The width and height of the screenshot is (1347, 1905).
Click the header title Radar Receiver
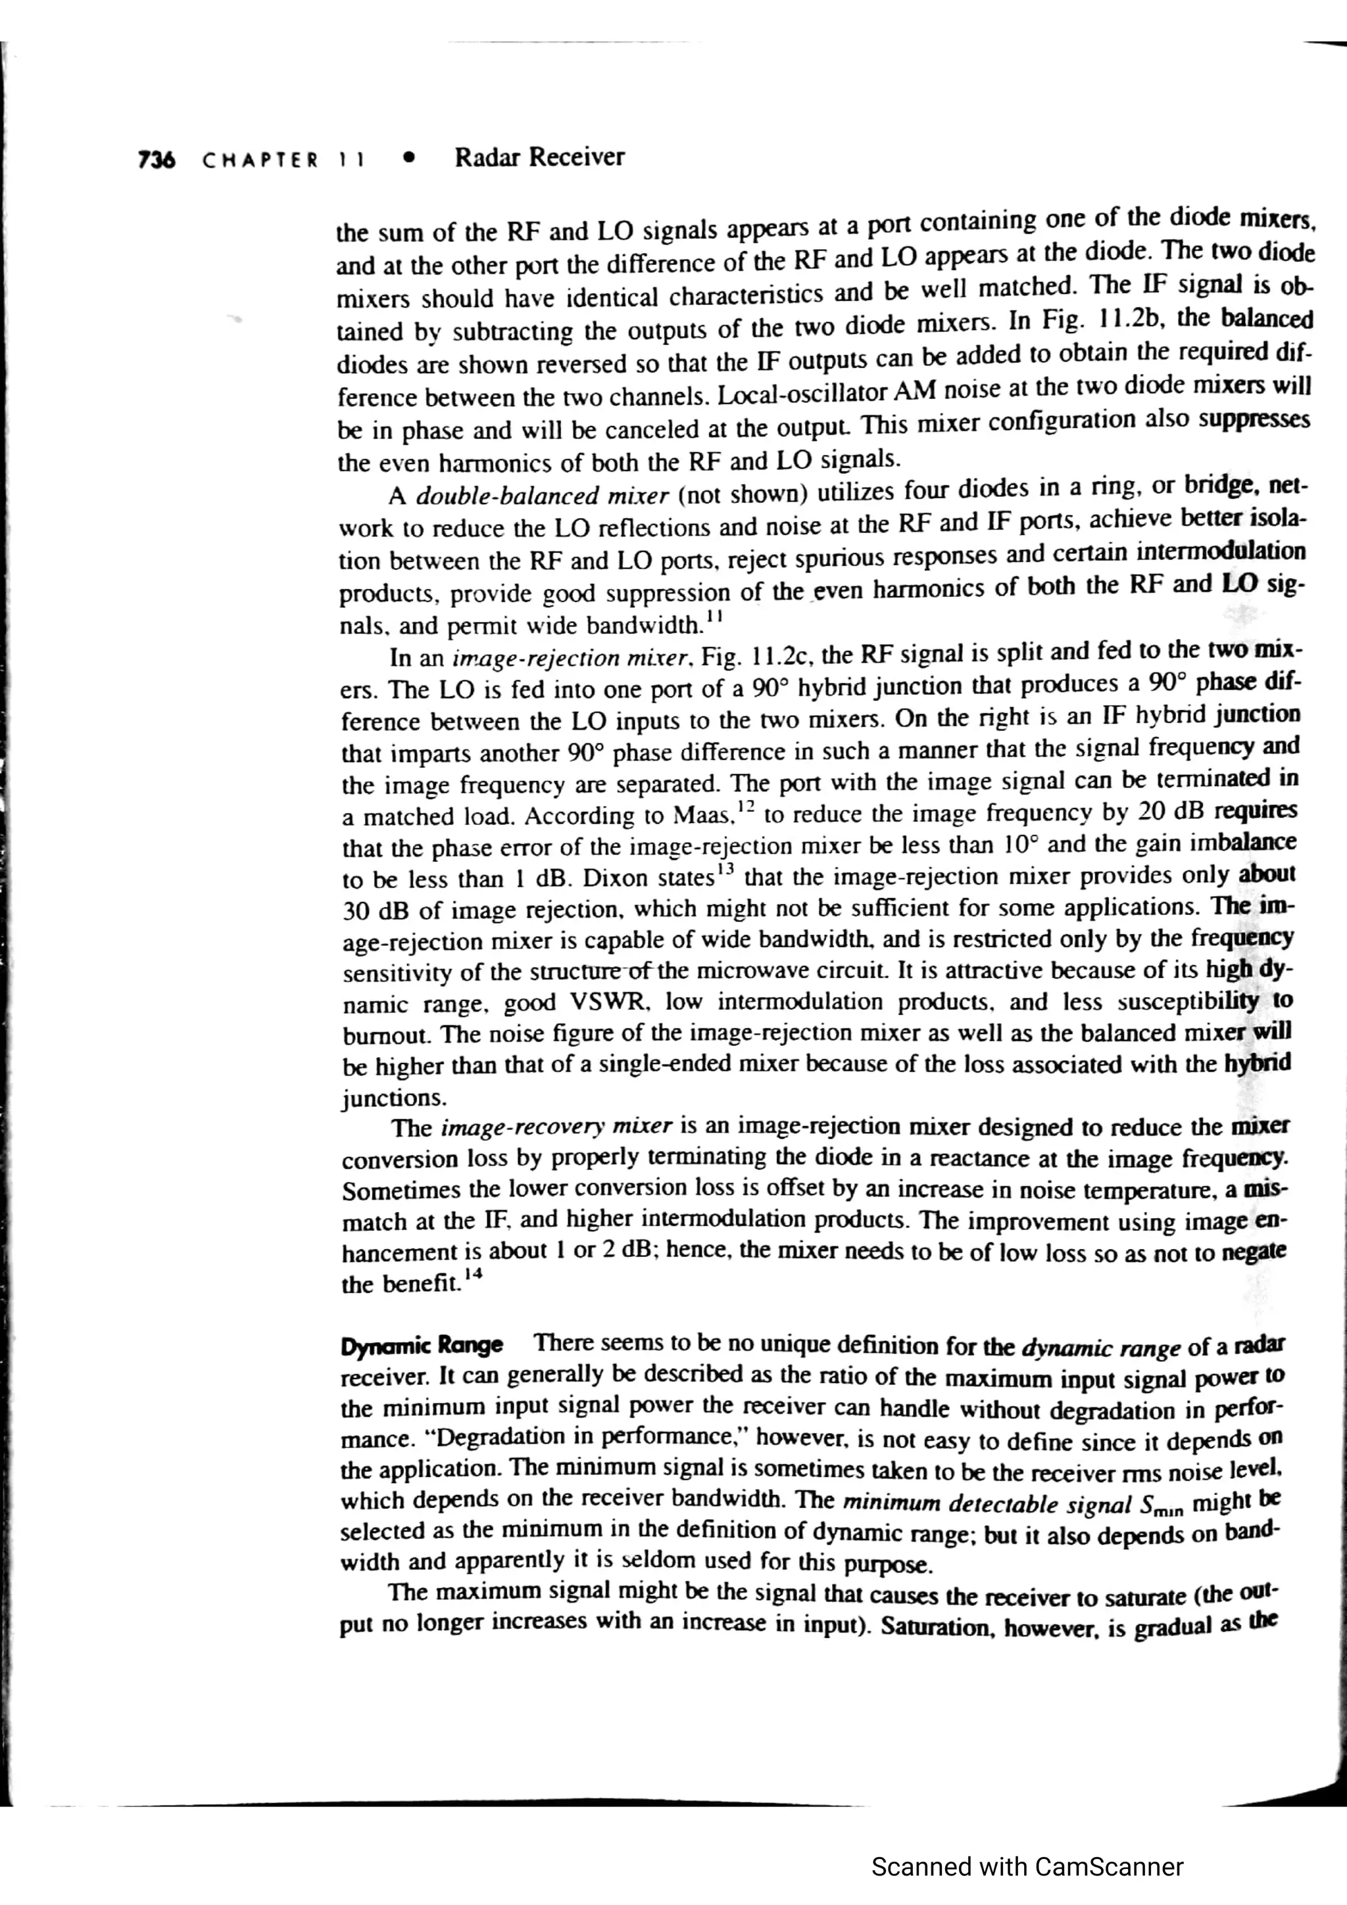pyautogui.click(x=539, y=157)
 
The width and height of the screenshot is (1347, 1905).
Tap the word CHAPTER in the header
pyautogui.click(x=260, y=159)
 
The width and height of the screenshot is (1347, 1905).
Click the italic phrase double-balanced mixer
pyautogui.click(x=542, y=496)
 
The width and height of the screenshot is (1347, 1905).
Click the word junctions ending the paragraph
pyautogui.click(x=394, y=1098)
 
